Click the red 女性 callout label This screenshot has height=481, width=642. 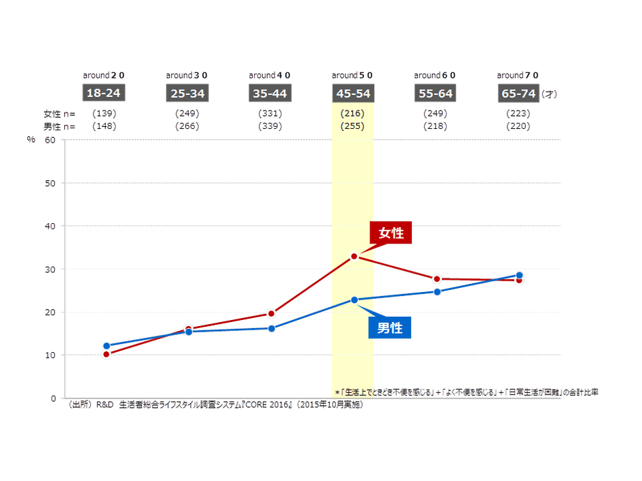[x=391, y=233]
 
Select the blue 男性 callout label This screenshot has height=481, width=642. [x=390, y=327]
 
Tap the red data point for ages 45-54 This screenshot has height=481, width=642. [x=354, y=256]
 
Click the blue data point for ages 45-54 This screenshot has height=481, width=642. [x=354, y=300]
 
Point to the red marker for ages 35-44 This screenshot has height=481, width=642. [x=271, y=313]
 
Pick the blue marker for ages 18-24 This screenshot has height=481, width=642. [x=106, y=346]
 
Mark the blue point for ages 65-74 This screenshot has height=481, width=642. [x=519, y=275]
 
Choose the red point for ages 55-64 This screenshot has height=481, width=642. [x=436, y=278]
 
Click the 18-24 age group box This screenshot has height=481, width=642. [x=104, y=93]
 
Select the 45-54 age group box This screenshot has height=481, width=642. [x=352, y=93]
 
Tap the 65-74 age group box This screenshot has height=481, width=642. [x=518, y=93]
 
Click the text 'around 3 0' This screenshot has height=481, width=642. [x=186, y=75]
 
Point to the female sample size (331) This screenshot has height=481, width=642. [x=270, y=113]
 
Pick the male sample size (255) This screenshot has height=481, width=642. [x=352, y=126]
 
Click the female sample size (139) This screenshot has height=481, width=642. [x=104, y=113]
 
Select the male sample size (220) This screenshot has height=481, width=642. [x=518, y=126]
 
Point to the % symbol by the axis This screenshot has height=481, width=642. [x=31, y=140]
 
